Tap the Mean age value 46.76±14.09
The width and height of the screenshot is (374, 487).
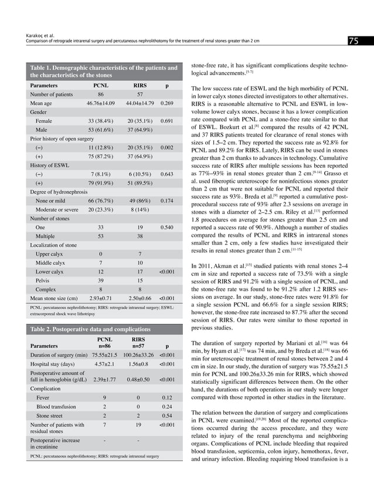coord(101,102)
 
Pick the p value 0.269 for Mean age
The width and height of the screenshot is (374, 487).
coord(166,102)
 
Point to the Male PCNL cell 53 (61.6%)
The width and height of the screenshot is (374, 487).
coord(101,128)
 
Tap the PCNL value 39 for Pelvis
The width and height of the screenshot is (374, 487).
coord(101,280)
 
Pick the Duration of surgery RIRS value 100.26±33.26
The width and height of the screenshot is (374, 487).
coord(139,354)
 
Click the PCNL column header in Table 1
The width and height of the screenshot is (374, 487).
coord(101,85)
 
